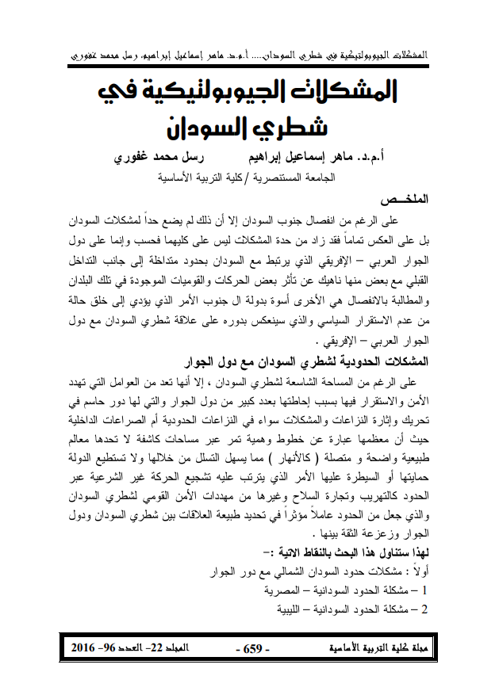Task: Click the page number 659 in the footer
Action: pos(253,649)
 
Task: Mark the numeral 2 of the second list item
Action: pos(425,610)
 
